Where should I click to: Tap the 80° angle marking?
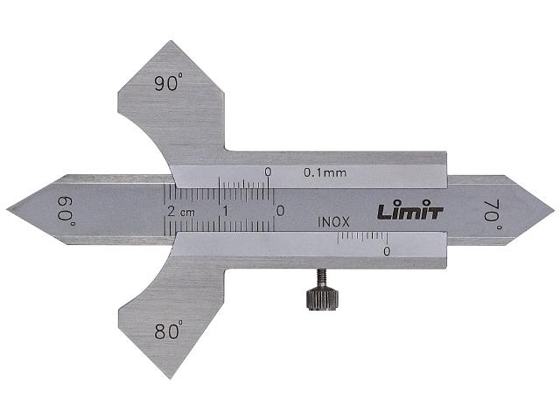pyautogui.click(x=169, y=331)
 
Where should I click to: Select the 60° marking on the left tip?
pyautogui.click(x=66, y=211)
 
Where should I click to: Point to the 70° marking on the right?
pyautogui.click(x=493, y=215)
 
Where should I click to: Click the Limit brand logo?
pyautogui.click(x=410, y=211)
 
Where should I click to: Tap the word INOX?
pyautogui.click(x=333, y=222)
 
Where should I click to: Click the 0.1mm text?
pyautogui.click(x=325, y=173)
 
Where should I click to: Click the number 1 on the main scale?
pyautogui.click(x=226, y=211)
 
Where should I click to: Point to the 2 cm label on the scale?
pyautogui.click(x=181, y=212)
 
